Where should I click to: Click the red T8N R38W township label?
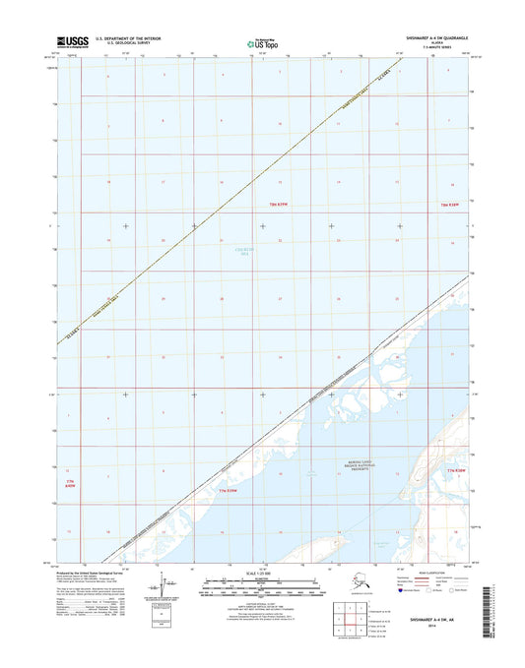click(449, 204)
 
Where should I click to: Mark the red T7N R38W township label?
click(454, 472)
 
